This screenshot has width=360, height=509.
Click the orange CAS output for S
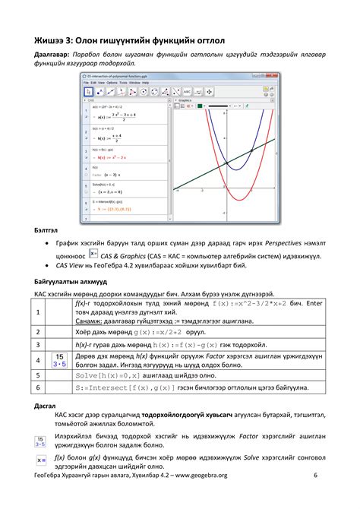pyautogui.click(x=114, y=206)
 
